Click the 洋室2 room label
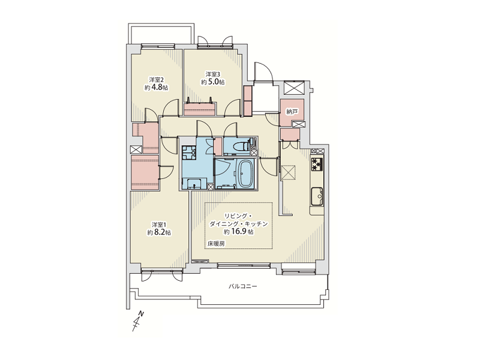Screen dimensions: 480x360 click(x=157, y=80)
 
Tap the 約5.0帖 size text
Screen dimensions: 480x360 click(x=213, y=82)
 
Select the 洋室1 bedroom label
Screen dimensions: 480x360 click(x=159, y=224)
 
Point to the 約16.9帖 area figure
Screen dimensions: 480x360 click(x=238, y=232)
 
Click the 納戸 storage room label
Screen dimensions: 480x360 click(x=292, y=112)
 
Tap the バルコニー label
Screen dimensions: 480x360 click(x=243, y=287)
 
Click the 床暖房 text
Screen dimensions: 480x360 click(x=216, y=244)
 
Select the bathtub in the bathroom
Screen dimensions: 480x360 click(x=246, y=174)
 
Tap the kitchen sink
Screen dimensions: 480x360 click(x=317, y=196)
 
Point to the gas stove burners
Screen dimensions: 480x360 click(x=317, y=164)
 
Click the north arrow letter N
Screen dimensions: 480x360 click(x=141, y=313)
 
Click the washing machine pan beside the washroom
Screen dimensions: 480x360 click(x=189, y=152)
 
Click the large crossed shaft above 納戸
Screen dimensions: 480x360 click(x=294, y=88)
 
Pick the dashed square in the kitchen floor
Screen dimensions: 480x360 click(x=289, y=172)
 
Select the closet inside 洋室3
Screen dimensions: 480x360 click(x=200, y=109)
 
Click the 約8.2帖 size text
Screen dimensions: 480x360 click(x=159, y=233)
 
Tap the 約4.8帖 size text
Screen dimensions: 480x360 click(x=157, y=88)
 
